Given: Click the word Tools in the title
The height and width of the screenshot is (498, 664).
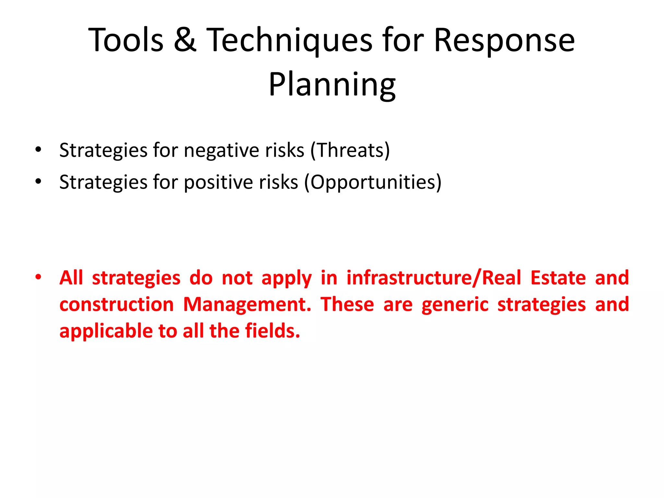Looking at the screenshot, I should [126, 40].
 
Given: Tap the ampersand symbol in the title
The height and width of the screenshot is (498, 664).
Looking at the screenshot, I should [185, 40].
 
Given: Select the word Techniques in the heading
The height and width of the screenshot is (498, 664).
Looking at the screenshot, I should [290, 41].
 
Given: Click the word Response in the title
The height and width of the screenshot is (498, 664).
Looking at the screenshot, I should [504, 41].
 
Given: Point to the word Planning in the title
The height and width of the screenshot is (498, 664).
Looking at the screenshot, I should [332, 85].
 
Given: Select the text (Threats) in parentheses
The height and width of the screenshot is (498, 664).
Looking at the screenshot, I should [350, 150].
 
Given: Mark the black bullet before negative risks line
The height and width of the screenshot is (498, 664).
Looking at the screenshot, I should [39, 150].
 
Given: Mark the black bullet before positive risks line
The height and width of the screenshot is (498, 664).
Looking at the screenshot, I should [39, 182].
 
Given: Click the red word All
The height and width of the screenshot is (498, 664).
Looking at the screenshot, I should [71, 278].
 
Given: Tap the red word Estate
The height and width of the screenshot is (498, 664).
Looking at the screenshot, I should [558, 278].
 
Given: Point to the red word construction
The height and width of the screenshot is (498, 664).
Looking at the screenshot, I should [117, 305].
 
